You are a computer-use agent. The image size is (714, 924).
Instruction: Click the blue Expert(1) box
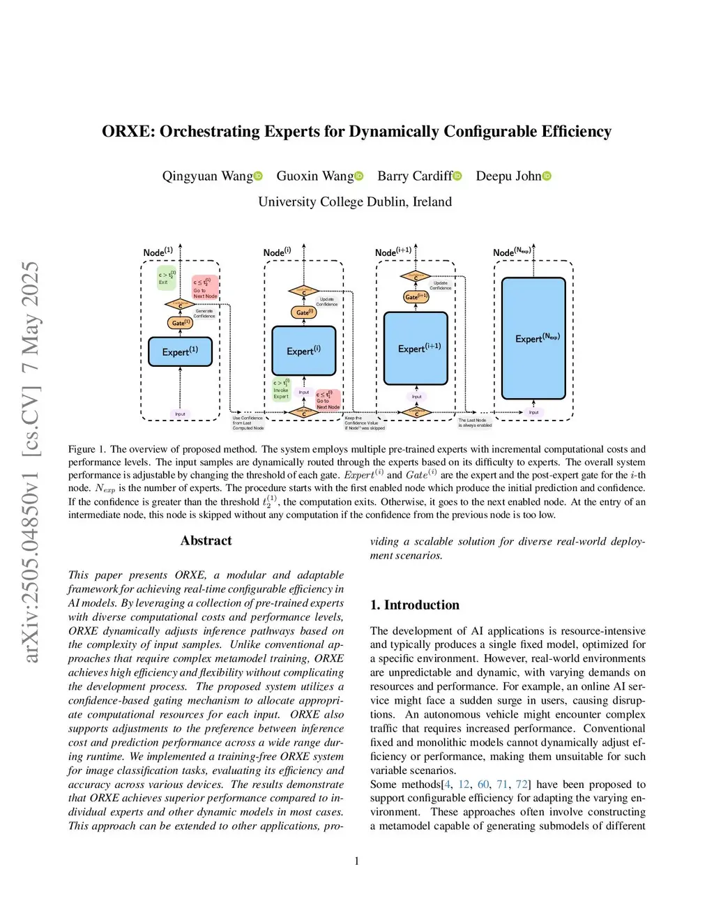180,351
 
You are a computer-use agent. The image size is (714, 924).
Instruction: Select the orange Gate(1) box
181,323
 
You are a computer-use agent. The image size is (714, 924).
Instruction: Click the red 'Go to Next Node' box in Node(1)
205,287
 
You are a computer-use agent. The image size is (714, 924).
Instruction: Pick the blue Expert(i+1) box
416,348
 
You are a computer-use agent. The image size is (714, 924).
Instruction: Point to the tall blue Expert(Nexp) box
533,338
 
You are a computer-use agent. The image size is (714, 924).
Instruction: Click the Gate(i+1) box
416,296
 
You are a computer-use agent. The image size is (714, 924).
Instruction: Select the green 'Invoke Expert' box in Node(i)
281,390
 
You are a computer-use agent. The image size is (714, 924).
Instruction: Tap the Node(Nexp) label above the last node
512,252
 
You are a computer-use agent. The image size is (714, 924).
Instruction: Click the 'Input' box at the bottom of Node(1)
180,414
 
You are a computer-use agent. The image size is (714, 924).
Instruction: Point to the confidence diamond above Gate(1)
180,305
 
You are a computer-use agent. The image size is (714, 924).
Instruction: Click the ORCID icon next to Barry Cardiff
457,176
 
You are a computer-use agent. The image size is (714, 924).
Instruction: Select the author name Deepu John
508,176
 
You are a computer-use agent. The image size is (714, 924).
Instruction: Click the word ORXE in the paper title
128,131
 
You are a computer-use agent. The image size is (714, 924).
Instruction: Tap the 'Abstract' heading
206,540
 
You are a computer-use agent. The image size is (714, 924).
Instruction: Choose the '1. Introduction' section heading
415,605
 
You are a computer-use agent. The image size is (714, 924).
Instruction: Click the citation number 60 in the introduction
483,785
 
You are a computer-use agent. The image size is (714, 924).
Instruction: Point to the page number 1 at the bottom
357,861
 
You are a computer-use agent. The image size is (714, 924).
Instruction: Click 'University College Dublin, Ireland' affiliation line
355,202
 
